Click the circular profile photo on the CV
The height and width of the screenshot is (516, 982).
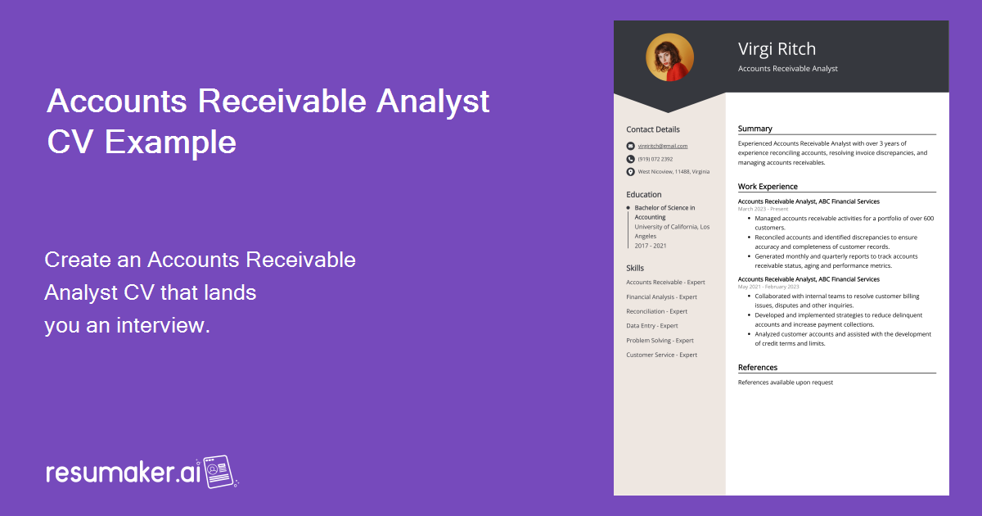pos(669,57)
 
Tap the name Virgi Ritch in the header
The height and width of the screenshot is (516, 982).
pos(777,48)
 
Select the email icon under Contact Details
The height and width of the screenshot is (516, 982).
pos(630,146)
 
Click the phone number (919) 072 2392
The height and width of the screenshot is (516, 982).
pos(655,159)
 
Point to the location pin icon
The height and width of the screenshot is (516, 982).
pos(630,172)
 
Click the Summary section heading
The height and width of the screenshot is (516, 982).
pos(755,129)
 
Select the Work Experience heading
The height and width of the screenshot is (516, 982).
pos(768,187)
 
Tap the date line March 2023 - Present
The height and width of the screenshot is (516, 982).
pos(763,209)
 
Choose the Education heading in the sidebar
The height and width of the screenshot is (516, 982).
pos(644,195)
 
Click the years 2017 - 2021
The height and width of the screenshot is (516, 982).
pos(651,246)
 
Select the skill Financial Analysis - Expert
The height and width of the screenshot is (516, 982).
pos(661,297)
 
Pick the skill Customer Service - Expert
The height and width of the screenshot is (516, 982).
pos(661,355)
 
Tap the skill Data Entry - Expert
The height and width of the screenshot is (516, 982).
pos(652,326)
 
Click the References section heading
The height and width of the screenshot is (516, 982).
pos(758,368)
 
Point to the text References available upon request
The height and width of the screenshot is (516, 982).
pos(785,382)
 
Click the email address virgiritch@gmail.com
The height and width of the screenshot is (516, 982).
pos(663,146)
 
